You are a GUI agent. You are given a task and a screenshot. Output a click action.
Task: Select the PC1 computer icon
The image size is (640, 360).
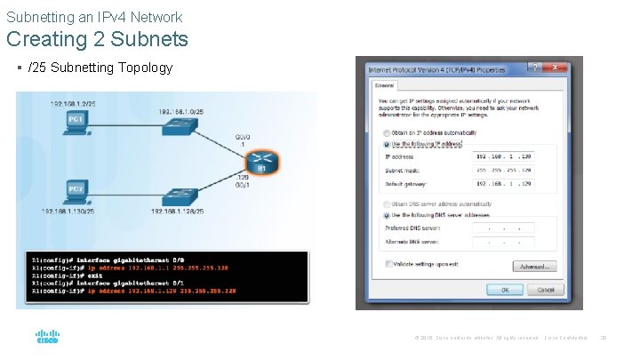pyautogui.click(x=76, y=124)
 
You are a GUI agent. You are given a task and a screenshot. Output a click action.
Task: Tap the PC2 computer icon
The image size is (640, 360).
pyautogui.click(x=76, y=194)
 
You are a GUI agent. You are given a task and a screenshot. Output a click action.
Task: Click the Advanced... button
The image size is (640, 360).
pyautogui.click(x=535, y=266)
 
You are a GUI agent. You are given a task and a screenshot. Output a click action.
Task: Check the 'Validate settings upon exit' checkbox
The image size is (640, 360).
pyautogui.click(x=388, y=264)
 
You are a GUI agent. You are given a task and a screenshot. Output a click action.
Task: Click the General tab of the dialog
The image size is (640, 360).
pyautogui.click(x=384, y=85)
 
